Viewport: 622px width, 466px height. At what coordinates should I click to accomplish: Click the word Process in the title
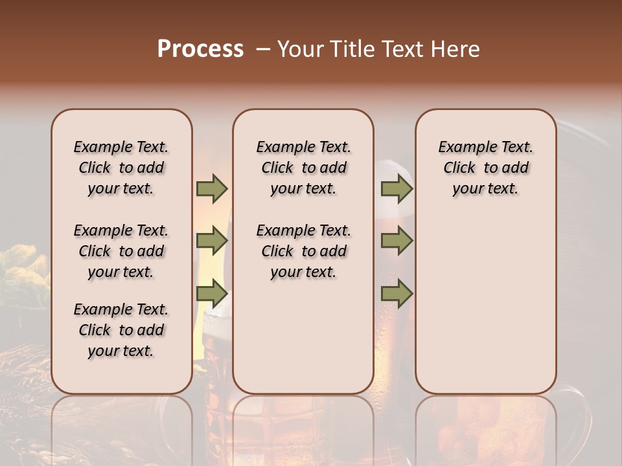point(200,49)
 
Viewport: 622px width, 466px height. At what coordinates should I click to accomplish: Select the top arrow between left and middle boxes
point(212,188)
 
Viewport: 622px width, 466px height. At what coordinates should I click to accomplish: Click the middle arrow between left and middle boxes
point(212,241)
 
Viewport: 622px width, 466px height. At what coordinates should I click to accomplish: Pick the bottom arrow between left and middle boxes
point(212,294)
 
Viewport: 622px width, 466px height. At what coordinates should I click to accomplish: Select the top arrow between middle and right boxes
point(397,188)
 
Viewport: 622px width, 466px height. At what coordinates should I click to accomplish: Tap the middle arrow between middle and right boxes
point(397,241)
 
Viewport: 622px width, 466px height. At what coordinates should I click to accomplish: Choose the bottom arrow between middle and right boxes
point(397,294)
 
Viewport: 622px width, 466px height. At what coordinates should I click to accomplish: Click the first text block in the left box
point(121,168)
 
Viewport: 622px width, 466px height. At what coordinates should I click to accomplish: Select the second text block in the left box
point(121,251)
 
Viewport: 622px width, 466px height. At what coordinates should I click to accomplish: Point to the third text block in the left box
point(121,330)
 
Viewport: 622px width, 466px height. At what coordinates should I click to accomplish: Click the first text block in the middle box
point(303,168)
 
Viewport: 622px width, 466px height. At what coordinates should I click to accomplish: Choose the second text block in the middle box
point(303,251)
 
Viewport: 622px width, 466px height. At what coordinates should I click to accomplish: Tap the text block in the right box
point(485,168)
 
